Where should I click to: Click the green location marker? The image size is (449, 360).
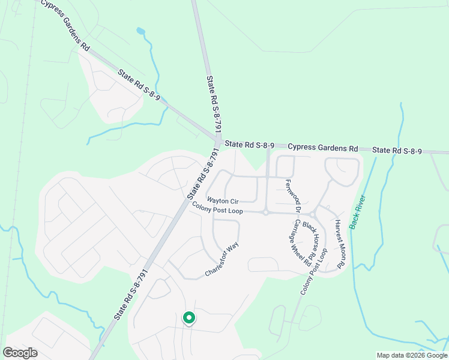click(x=188, y=318)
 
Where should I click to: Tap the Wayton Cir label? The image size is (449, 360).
click(x=223, y=200)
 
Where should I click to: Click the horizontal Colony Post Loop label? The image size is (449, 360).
click(x=217, y=208)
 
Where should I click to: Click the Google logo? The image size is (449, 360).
click(x=20, y=353)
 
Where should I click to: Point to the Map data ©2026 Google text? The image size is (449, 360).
click(x=412, y=355)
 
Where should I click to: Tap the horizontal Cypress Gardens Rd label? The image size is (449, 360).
click(x=322, y=147)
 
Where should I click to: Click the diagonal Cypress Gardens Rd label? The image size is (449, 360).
click(x=64, y=28)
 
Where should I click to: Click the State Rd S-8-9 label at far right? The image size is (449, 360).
click(x=397, y=150)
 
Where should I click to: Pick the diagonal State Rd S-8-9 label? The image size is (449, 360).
click(x=139, y=83)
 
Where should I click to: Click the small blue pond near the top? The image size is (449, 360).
click(x=140, y=31)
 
